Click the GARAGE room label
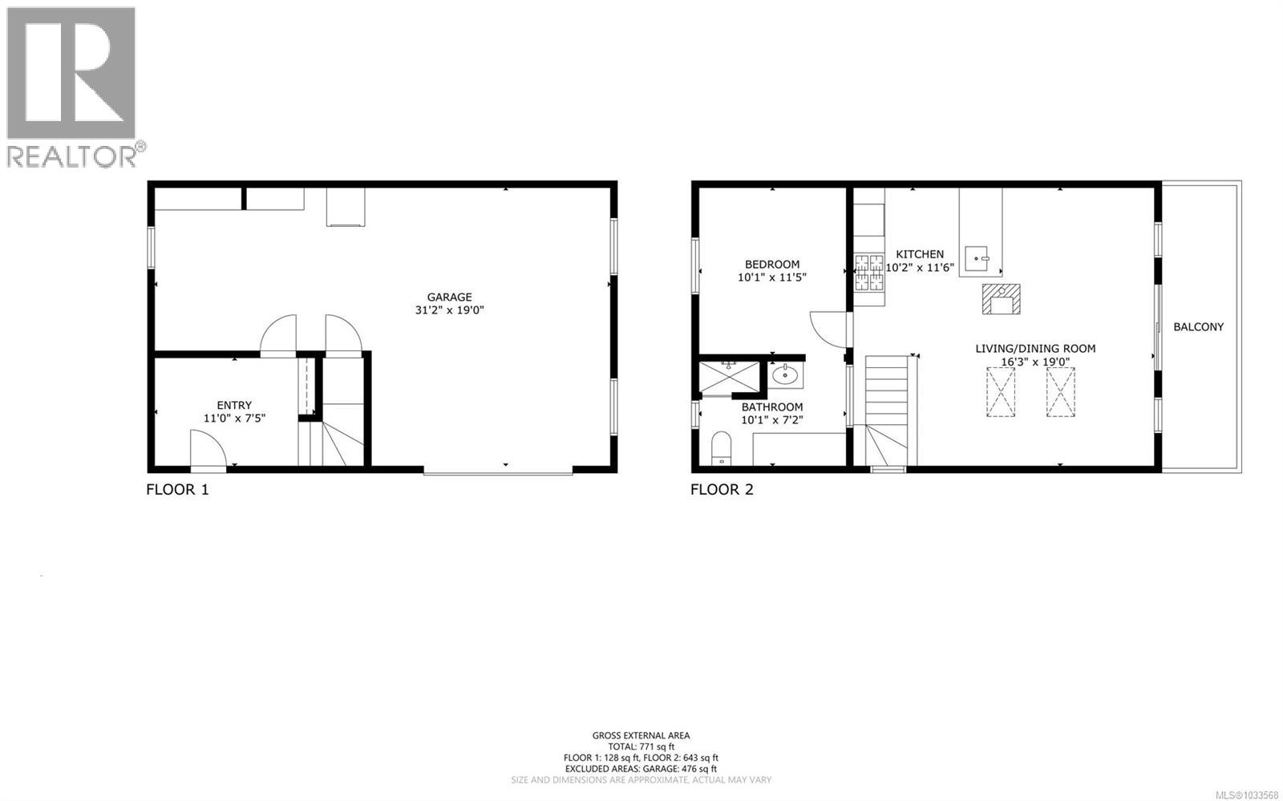pyautogui.click(x=449, y=297)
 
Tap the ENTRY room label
pyautogui.click(x=234, y=405)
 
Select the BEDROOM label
pyautogui.click(x=771, y=264)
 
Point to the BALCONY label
pyautogui.click(x=1198, y=326)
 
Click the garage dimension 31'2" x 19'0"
pyautogui.click(x=449, y=310)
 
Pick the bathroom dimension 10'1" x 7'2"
pyautogui.click(x=771, y=419)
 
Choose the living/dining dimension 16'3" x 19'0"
pyautogui.click(x=1034, y=362)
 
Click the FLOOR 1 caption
pyautogui.click(x=177, y=489)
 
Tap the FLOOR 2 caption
pyautogui.click(x=722, y=489)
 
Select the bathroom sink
pyautogui.click(x=783, y=374)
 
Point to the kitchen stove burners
pyautogui.click(x=868, y=272)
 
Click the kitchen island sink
pyautogui.click(x=977, y=257)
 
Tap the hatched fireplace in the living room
pyautogui.click(x=1002, y=299)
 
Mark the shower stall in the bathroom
pyautogui.click(x=729, y=378)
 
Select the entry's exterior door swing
pyautogui.click(x=203, y=447)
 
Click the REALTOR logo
pyautogui.click(x=72, y=86)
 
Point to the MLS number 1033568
pyautogui.click(x=1247, y=795)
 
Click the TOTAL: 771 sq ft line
pyautogui.click(x=641, y=746)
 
